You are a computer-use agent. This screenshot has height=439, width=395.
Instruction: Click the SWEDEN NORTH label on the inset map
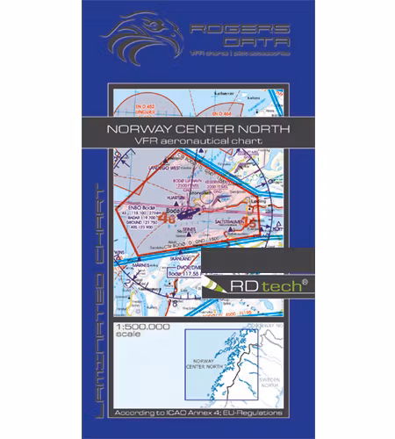coord(275,387)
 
